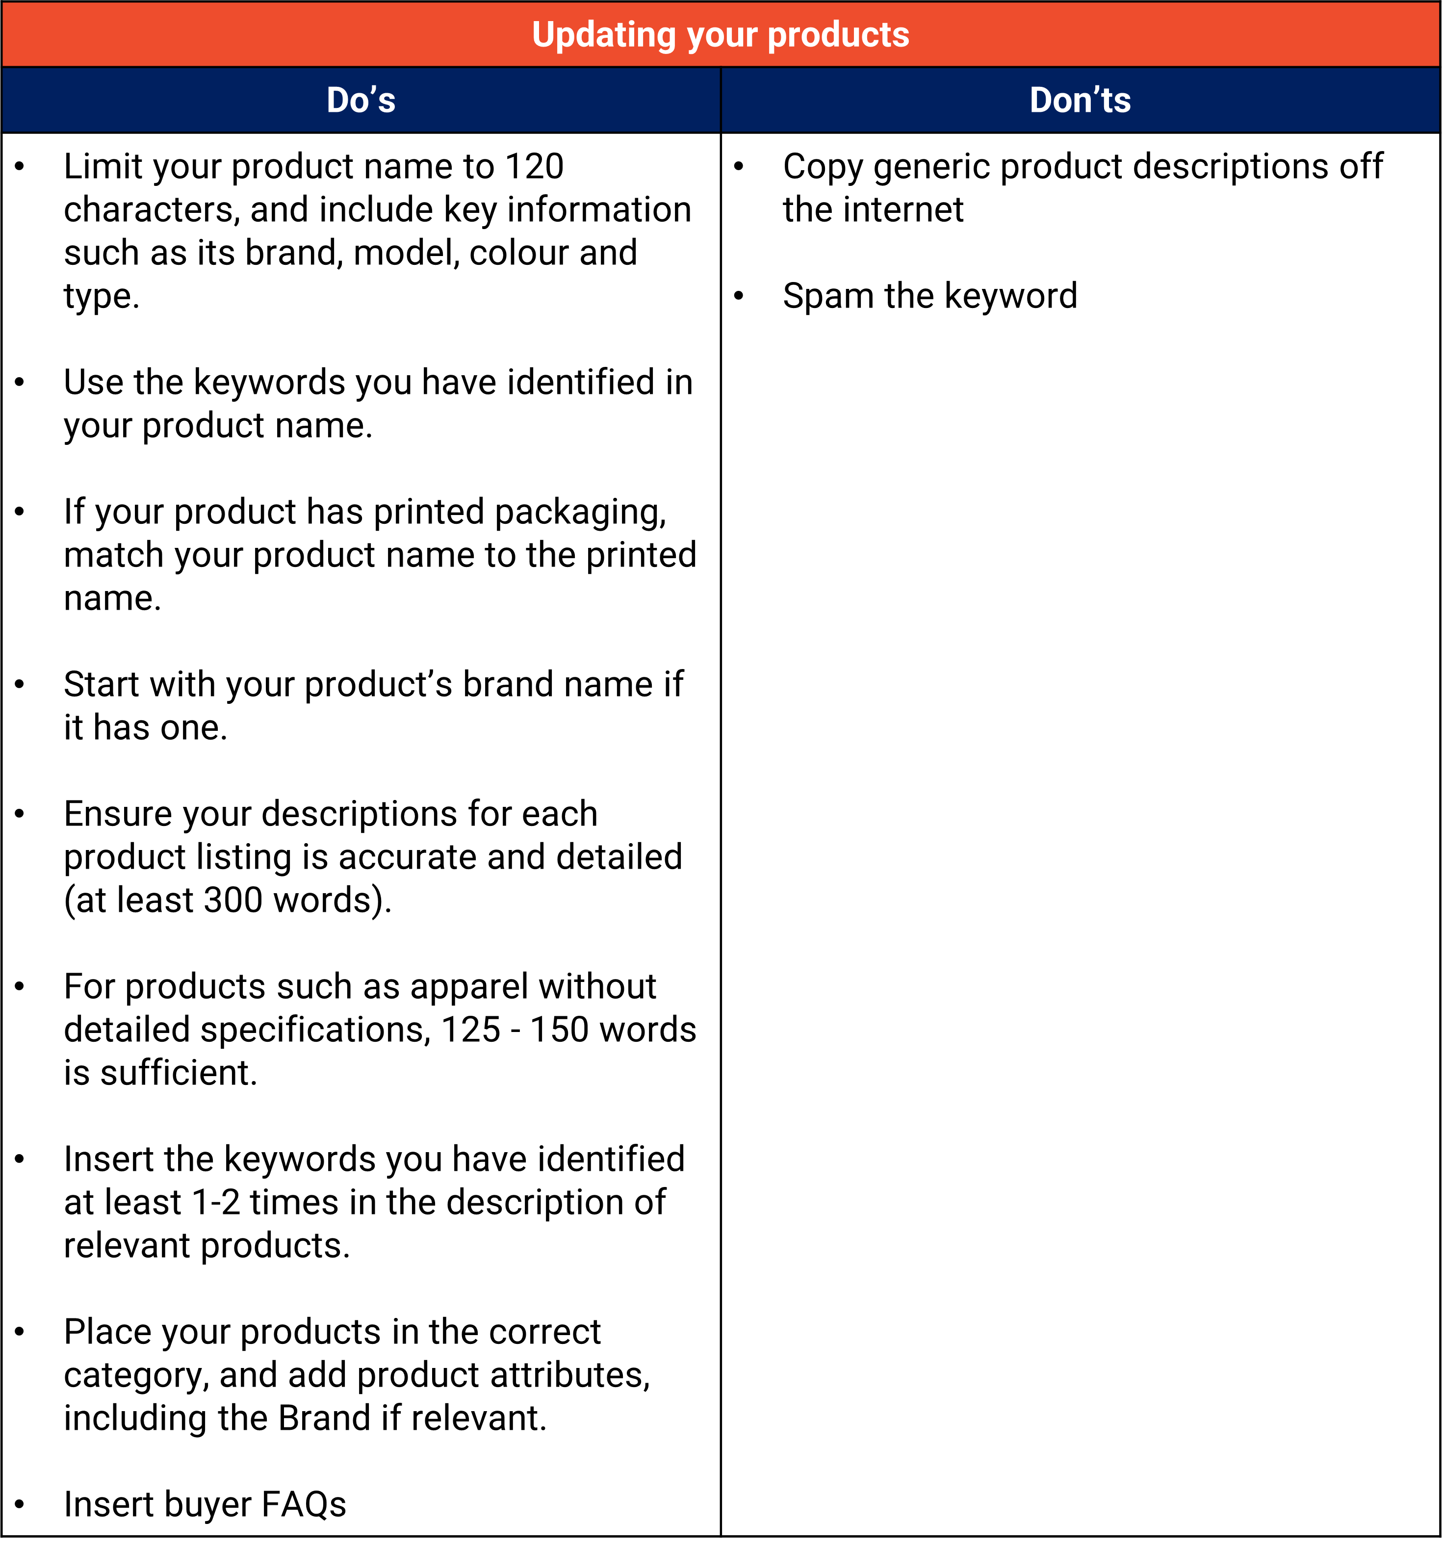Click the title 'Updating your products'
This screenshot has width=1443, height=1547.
(721, 35)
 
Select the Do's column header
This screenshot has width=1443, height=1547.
(361, 101)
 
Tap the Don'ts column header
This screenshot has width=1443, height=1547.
(1081, 101)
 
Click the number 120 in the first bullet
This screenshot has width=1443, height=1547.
(534, 167)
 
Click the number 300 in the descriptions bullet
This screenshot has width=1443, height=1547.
(232, 901)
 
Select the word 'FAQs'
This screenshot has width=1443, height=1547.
(304, 1505)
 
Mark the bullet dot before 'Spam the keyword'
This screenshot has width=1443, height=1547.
(739, 296)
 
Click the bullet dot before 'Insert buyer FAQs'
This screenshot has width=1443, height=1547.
(20, 1504)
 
